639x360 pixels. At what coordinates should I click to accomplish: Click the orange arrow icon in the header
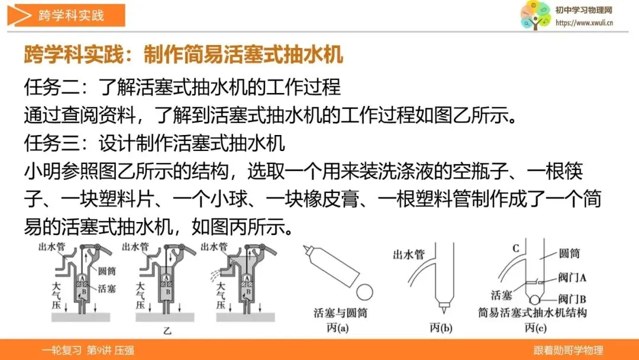(19, 15)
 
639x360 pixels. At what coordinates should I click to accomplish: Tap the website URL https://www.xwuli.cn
(584, 23)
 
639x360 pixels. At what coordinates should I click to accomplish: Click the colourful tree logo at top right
(535, 15)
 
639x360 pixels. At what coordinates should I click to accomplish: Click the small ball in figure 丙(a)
(364, 292)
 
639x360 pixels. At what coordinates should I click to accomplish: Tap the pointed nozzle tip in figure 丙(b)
(443, 306)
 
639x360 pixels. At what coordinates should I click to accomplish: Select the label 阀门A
(572, 278)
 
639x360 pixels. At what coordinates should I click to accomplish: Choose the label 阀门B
(572, 299)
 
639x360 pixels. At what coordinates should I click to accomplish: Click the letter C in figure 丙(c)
(515, 248)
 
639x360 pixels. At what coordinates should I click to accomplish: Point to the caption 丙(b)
(441, 327)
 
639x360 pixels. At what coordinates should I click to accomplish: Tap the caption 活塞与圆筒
(340, 313)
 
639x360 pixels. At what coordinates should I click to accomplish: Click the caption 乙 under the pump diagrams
(167, 331)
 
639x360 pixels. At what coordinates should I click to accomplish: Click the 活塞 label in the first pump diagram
(106, 289)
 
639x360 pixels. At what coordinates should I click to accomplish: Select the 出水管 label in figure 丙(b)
(409, 255)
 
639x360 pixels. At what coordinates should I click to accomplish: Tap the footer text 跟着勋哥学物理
(569, 350)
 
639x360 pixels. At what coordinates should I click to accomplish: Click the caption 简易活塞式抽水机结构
(532, 313)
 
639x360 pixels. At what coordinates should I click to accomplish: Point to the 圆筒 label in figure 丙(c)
(569, 253)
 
